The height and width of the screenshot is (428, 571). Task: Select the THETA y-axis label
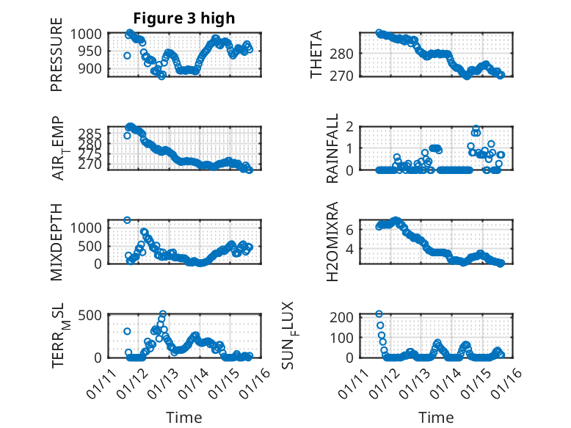pyautogui.click(x=316, y=55)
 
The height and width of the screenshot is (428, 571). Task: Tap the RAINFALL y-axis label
pyautogui.click(x=332, y=148)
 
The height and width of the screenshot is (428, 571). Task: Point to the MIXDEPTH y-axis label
pyautogui.click(x=57, y=242)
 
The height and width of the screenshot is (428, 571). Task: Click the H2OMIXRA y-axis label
pyautogui.click(x=332, y=242)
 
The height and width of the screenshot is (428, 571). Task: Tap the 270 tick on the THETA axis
pyautogui.click(x=346, y=76)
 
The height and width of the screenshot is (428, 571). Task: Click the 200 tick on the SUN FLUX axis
pyautogui.click(x=346, y=316)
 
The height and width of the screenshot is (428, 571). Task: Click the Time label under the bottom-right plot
pyautogui.click(x=436, y=417)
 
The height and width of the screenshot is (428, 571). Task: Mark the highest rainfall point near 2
pyautogui.click(x=476, y=128)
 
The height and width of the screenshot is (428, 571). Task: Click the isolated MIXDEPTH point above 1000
pyautogui.click(x=127, y=220)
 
